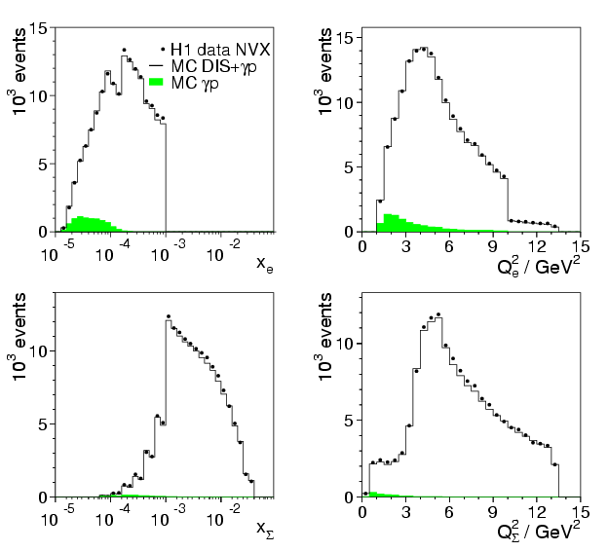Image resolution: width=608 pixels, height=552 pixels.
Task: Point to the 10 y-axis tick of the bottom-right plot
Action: tap(342, 344)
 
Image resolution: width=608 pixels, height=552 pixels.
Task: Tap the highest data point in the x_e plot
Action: tap(124, 50)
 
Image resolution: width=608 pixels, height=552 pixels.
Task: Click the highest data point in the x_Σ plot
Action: tap(168, 316)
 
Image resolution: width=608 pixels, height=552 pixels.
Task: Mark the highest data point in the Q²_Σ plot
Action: tap(438, 314)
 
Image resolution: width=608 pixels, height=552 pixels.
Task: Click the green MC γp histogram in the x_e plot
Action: tap(88, 225)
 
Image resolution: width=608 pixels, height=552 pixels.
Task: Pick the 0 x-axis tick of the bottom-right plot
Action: tap(362, 511)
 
